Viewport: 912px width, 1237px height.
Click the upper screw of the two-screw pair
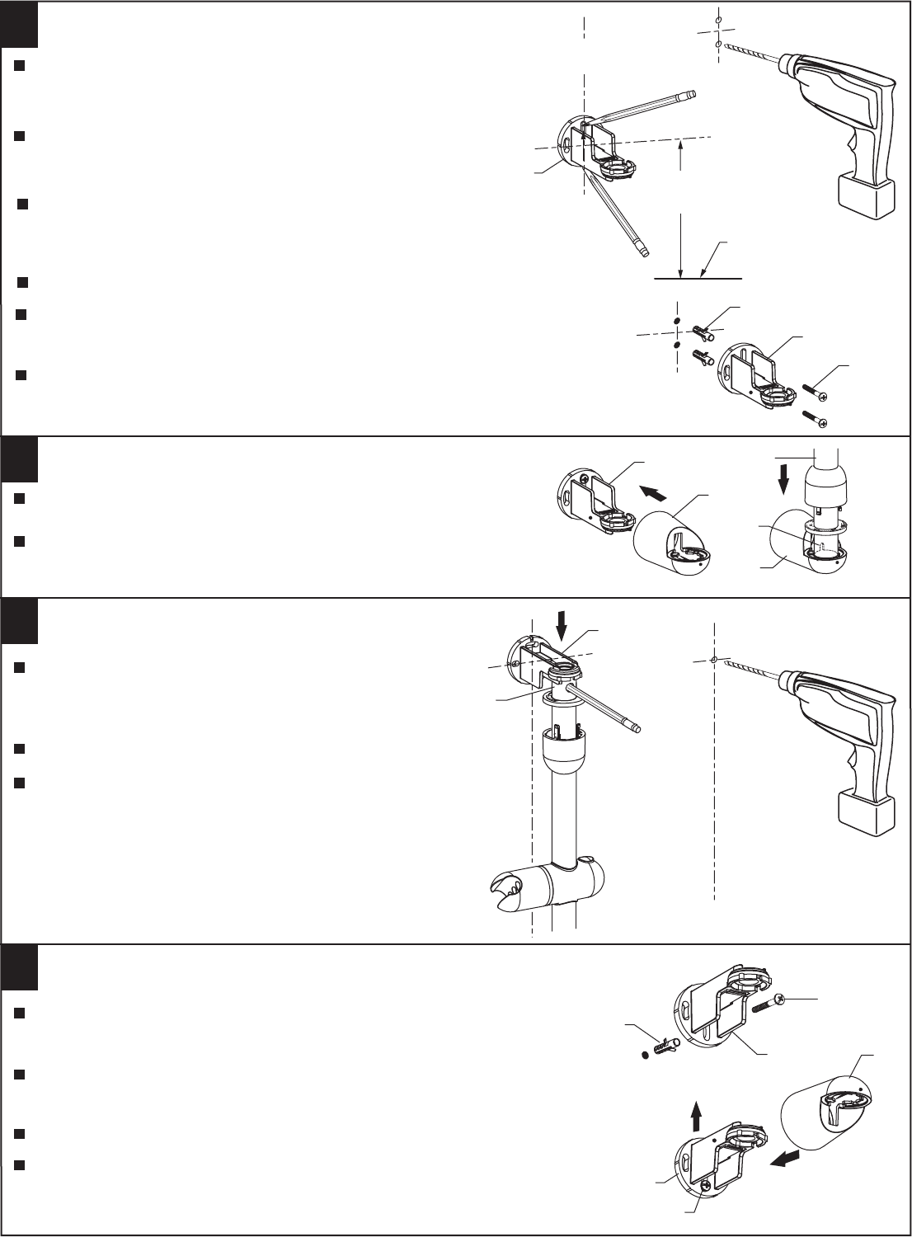tap(815, 392)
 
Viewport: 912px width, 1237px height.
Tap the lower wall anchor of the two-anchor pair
tap(702, 360)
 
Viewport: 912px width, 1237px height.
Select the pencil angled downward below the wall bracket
tap(618, 216)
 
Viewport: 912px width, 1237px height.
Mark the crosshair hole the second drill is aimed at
tap(714, 660)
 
